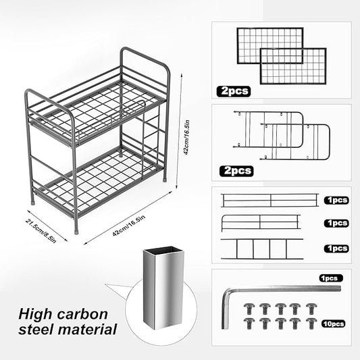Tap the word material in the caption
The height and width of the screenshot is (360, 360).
pyautogui.click(x=87, y=330)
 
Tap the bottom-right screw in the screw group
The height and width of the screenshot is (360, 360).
pyautogui.click(x=311, y=323)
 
